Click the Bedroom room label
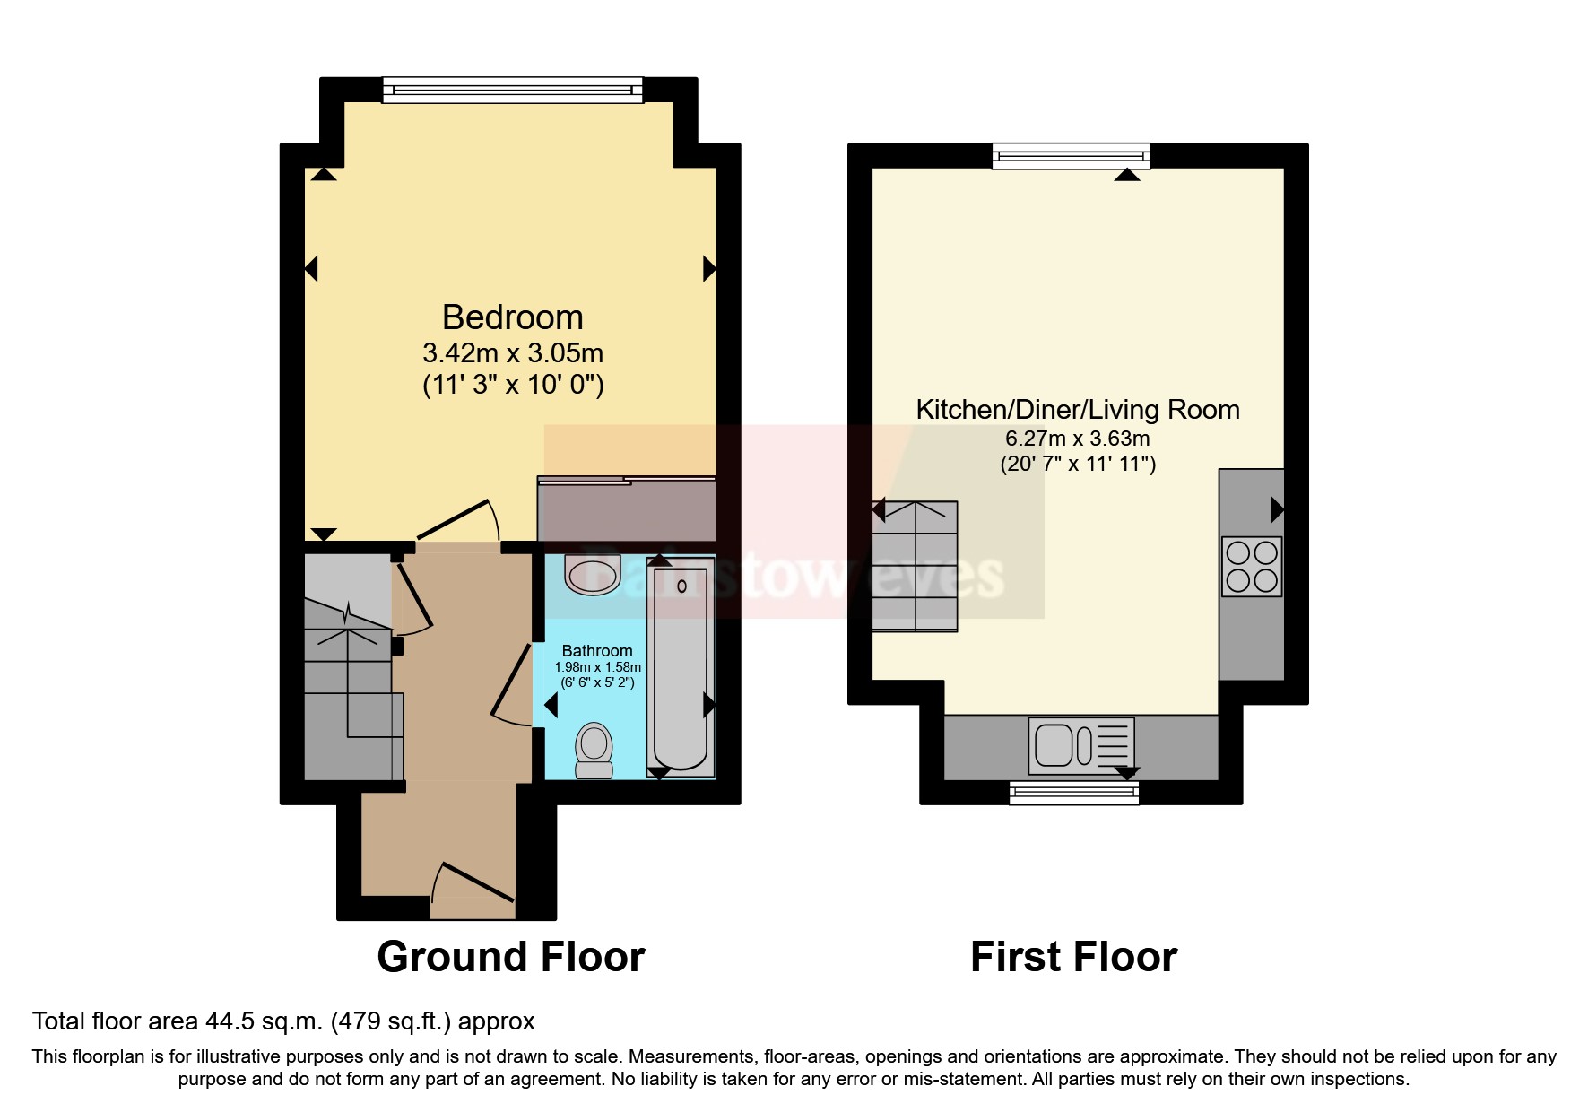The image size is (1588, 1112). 512,317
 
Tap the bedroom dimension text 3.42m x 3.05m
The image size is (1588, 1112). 512,352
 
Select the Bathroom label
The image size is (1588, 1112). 597,650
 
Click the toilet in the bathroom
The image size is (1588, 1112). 594,750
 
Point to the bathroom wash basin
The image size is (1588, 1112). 593,575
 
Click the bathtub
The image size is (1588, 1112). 681,664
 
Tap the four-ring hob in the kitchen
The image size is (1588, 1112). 1252,567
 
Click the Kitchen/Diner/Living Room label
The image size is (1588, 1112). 1077,410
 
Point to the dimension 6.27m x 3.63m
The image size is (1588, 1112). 1077,439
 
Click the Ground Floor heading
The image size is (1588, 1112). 511,957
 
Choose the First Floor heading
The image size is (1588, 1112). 1073,957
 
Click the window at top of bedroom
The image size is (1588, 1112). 512,90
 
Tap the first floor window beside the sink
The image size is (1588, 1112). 1073,792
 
